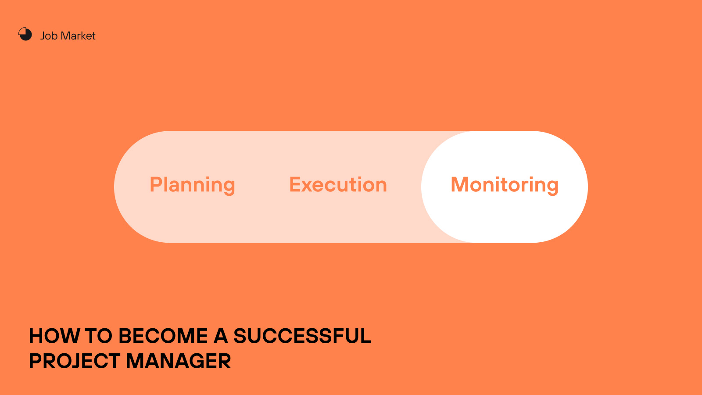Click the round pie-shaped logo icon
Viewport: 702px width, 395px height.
[25, 34]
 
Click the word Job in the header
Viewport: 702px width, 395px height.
[49, 36]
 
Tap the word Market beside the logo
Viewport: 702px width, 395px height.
[78, 36]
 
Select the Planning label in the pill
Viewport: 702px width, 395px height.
[192, 185]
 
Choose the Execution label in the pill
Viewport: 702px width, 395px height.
[338, 184]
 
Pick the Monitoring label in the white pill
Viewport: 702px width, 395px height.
[505, 185]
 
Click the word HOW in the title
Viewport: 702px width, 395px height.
[54, 336]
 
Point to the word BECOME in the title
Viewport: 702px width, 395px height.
[163, 336]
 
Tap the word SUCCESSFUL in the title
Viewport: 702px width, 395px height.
[302, 336]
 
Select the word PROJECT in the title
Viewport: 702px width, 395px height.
[75, 361]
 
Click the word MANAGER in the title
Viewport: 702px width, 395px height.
[178, 361]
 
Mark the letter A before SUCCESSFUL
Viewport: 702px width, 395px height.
[221, 336]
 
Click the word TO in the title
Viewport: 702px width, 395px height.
[98, 336]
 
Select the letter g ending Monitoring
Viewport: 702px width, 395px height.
[552, 187]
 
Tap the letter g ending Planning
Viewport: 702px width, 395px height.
[229, 187]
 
